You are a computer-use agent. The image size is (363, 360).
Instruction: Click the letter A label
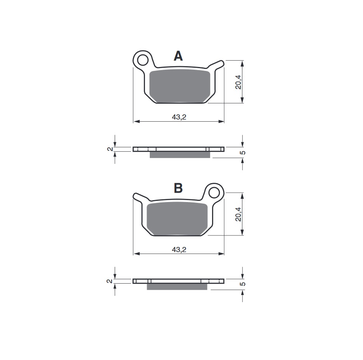click(x=178, y=57)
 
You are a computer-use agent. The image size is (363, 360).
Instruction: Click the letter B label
click(x=178, y=189)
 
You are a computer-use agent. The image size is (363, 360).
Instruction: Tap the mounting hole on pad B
click(x=214, y=192)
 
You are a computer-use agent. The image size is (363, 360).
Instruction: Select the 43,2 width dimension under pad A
click(x=179, y=117)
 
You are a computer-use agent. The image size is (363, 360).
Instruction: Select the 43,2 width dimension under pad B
click(x=179, y=249)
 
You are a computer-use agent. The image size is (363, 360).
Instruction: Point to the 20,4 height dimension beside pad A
click(x=238, y=82)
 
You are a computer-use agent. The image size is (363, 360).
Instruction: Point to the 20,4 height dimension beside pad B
click(x=238, y=214)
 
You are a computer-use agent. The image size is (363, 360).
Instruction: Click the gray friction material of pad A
click(x=181, y=86)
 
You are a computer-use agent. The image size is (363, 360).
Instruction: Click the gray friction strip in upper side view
click(x=180, y=155)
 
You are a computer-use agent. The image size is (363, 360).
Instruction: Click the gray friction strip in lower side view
click(x=177, y=287)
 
